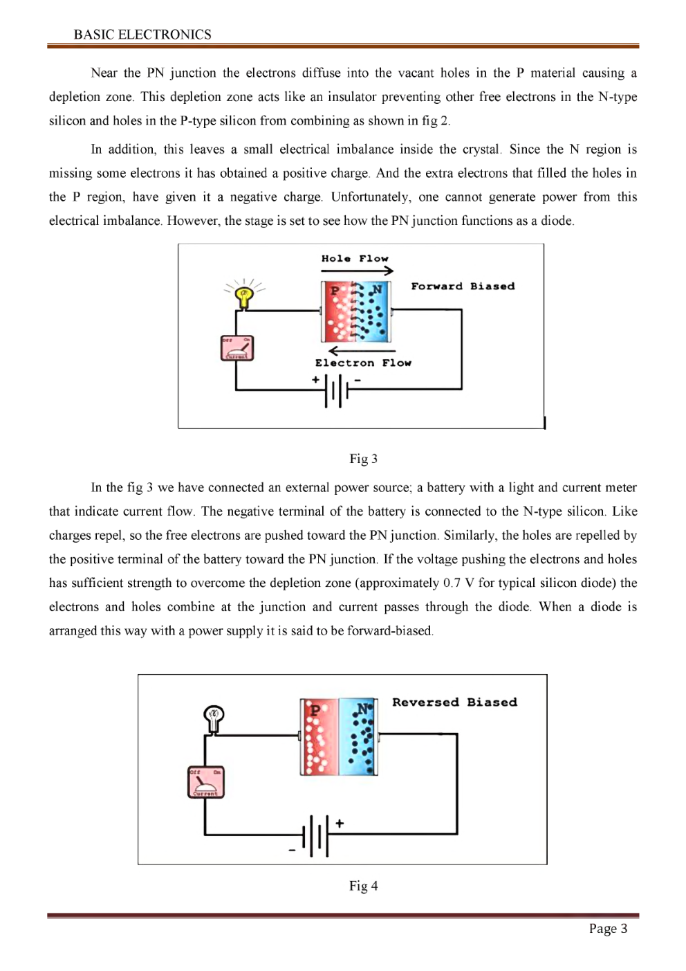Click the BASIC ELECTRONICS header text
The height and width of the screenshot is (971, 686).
pos(142,35)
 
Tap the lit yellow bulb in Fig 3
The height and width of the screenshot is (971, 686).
pos(243,296)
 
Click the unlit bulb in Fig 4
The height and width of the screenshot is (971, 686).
pos(214,717)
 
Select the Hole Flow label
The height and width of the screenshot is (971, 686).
pos(355,258)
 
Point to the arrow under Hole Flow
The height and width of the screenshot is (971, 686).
pos(357,271)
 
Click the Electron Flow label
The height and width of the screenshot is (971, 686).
pos(363,363)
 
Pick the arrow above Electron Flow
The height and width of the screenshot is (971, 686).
pos(352,351)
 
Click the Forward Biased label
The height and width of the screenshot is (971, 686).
pos(463,286)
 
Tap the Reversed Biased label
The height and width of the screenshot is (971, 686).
pos(454,702)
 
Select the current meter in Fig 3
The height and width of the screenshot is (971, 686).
pos(237,348)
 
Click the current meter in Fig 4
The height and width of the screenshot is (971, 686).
pos(206,782)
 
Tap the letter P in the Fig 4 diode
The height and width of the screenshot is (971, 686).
pos(315,710)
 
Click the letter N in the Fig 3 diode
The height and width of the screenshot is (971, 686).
pos(376,289)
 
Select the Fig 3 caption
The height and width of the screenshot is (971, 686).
pos(363,459)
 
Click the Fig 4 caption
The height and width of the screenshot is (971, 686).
pos(363,886)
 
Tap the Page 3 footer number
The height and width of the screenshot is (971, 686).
pos(608,929)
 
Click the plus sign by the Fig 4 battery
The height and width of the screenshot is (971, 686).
pos(340,824)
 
